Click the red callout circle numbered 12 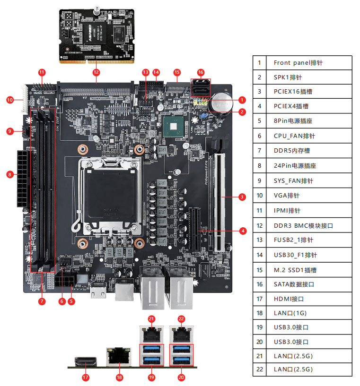coord(97,72)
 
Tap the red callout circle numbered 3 coord(242,197)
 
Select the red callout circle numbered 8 coord(9,174)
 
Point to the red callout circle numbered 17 coord(86,377)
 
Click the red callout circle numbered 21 coord(151,318)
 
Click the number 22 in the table coord(259,369)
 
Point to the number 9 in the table coord(259,181)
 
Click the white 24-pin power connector coord(22,179)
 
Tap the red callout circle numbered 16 coord(201,72)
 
